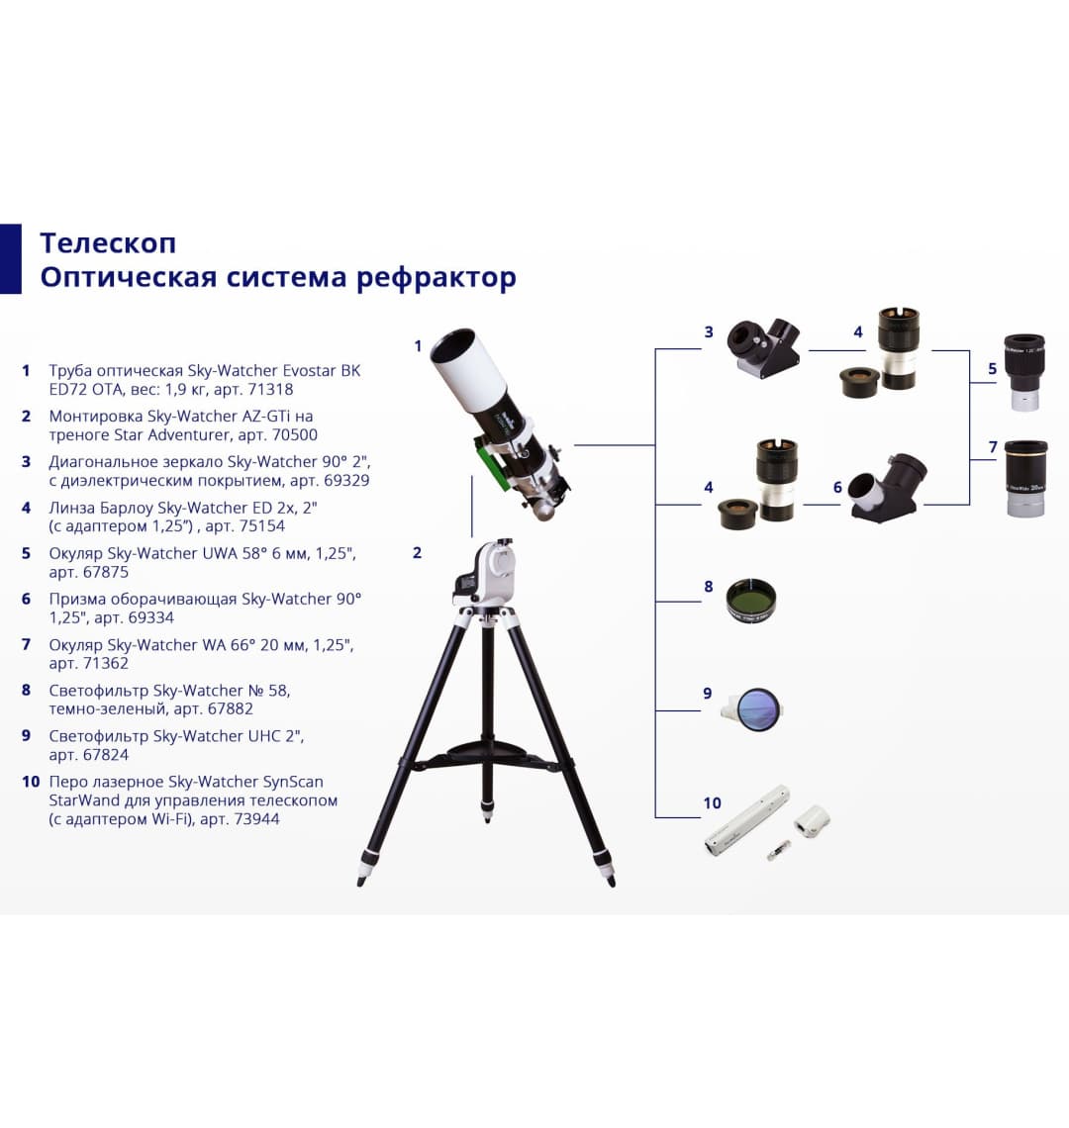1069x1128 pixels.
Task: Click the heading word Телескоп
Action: [x=108, y=242]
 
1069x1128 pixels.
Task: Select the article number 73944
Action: [x=253, y=818]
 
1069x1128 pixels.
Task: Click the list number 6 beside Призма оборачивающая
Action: [x=27, y=599]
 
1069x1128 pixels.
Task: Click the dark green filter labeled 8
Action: [x=750, y=601]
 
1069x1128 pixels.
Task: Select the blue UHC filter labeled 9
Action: [x=758, y=708]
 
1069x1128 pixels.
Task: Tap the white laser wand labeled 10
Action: [x=746, y=819]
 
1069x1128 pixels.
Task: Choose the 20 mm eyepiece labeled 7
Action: [x=1025, y=478]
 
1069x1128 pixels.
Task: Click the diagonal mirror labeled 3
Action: [x=764, y=348]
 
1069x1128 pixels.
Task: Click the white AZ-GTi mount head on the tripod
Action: [x=487, y=574]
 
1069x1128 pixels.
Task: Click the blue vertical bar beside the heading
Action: [x=10, y=259]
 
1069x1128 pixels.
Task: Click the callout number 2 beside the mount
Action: [x=417, y=552]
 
